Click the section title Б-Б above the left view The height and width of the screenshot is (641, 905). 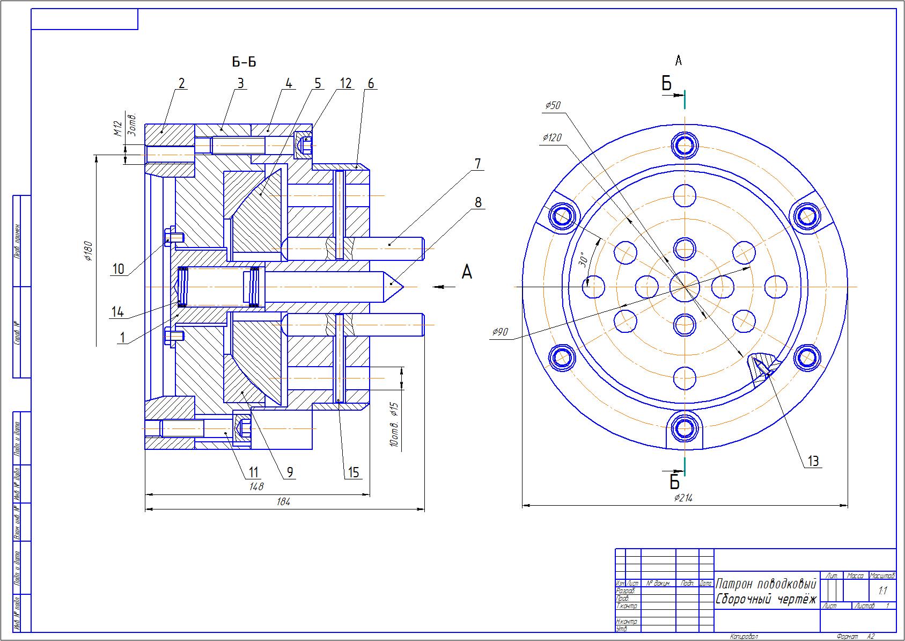point(244,62)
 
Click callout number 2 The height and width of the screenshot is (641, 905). point(181,83)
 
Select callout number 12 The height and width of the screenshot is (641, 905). point(345,83)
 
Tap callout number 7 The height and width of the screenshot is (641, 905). point(477,164)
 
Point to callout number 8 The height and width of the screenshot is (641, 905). point(477,203)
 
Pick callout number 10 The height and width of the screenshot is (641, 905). point(119,269)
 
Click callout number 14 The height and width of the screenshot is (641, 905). point(118,311)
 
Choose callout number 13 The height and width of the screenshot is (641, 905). point(813,461)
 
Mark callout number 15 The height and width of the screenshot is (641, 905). point(354,472)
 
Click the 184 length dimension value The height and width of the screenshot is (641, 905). point(283,502)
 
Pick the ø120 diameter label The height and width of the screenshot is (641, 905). point(551,138)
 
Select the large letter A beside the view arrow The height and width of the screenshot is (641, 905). point(467,273)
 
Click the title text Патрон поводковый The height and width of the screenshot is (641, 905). point(766,584)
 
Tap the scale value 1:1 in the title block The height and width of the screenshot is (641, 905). point(882,591)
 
